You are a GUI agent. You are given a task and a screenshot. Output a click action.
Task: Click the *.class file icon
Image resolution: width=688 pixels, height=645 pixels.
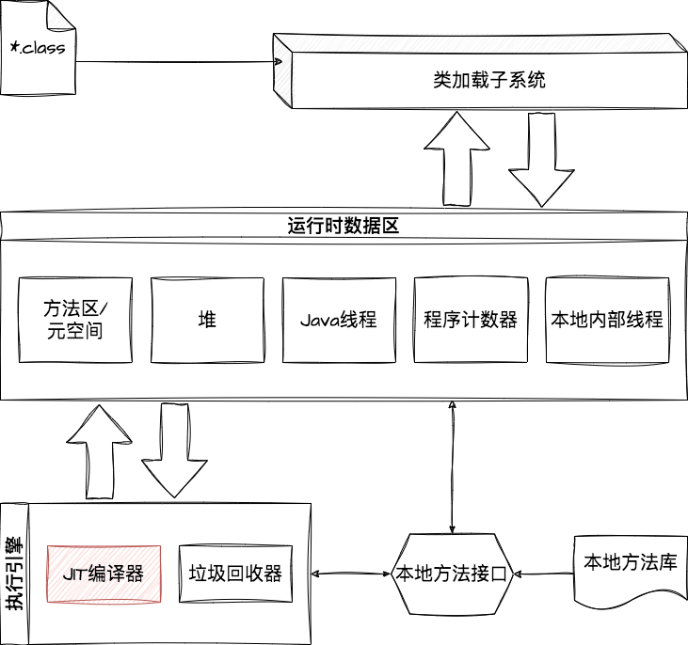(x=39, y=47)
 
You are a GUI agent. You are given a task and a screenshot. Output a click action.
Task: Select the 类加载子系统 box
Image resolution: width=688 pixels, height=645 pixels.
(x=480, y=71)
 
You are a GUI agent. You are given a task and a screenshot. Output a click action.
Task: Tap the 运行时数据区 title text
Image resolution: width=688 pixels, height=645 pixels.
(x=344, y=226)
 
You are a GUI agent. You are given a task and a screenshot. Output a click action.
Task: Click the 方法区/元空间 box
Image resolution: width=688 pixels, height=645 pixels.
(x=75, y=320)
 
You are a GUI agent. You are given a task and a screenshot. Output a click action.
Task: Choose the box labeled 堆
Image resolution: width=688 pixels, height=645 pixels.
(x=208, y=320)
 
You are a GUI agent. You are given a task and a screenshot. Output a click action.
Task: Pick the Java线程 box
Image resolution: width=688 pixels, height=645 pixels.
(x=339, y=320)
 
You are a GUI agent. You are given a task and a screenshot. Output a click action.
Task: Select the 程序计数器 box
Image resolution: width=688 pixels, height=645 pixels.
(x=471, y=320)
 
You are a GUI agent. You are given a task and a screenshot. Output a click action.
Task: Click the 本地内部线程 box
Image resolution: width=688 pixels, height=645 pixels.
(x=607, y=320)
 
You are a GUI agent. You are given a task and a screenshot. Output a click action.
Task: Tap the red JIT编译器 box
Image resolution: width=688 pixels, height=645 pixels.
(x=104, y=574)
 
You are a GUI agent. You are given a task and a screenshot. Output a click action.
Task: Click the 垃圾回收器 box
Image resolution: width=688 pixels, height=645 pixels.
(x=235, y=574)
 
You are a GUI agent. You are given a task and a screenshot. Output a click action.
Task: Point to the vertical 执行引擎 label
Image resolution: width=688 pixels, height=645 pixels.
(x=14, y=574)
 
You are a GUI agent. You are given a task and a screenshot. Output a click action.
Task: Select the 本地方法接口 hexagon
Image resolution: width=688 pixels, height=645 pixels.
(x=452, y=574)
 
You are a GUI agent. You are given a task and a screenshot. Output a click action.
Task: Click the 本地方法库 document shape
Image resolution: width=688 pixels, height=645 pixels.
(x=631, y=570)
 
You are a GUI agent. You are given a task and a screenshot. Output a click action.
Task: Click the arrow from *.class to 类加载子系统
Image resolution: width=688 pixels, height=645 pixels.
(x=179, y=62)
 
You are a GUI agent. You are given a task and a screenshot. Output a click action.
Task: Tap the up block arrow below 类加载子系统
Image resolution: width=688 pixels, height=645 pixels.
(x=456, y=159)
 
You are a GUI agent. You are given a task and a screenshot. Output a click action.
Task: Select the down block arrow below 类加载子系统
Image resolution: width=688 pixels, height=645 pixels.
(x=541, y=160)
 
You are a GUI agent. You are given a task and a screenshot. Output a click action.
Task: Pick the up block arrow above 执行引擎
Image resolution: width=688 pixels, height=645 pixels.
(x=100, y=452)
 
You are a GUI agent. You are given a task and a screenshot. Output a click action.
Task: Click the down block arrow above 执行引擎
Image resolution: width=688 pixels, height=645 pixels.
(x=174, y=450)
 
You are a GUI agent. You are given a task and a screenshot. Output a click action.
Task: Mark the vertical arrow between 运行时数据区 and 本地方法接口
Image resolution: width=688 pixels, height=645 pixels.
(x=452, y=467)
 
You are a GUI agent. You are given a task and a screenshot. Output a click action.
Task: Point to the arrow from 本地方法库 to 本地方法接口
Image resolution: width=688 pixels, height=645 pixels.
(x=544, y=574)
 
